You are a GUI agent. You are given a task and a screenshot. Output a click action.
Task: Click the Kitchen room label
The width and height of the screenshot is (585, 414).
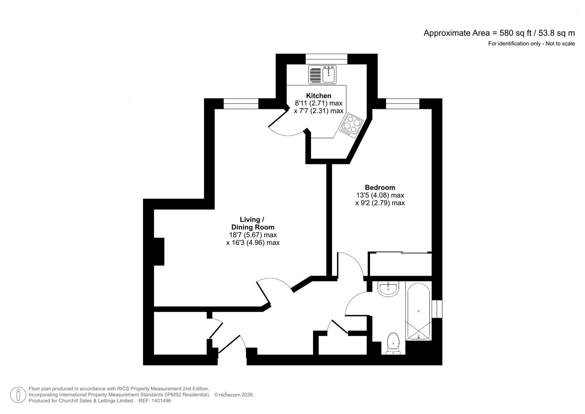[318, 96]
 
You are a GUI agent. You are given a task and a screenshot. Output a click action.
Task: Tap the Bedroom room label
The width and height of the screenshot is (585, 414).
[380, 187]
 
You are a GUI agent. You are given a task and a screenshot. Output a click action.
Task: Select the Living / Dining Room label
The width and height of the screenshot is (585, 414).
[252, 223]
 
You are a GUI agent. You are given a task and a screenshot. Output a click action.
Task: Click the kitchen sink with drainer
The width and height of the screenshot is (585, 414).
[322, 75]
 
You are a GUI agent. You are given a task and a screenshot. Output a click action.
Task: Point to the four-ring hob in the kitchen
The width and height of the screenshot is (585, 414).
[352, 125]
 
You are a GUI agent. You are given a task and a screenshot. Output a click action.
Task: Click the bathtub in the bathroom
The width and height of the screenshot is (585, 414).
[418, 312]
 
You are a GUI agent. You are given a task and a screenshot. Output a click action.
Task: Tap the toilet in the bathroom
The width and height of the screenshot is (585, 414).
[393, 343]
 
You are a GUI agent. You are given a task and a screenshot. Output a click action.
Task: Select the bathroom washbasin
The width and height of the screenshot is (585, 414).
[389, 289]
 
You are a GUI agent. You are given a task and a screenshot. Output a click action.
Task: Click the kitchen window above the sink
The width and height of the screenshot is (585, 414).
[326, 59]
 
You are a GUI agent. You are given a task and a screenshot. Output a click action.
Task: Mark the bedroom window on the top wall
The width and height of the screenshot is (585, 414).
[402, 104]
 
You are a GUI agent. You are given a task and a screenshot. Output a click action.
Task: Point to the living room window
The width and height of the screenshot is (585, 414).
[241, 104]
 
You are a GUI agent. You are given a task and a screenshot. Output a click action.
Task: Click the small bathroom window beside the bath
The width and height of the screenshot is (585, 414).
[437, 309]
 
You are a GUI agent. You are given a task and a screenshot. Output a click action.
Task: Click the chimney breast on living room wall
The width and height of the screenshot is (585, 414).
[159, 251]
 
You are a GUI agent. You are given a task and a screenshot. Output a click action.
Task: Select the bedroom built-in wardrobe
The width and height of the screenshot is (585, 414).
[400, 264]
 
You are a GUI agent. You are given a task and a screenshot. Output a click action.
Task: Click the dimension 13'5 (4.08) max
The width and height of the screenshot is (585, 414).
[380, 195]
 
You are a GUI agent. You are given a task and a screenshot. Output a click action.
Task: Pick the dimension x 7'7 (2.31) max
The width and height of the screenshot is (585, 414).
[318, 111]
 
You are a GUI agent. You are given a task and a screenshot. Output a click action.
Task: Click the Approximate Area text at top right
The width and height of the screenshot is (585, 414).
[499, 33]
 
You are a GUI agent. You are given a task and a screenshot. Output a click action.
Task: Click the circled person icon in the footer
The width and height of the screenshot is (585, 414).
[18, 395]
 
